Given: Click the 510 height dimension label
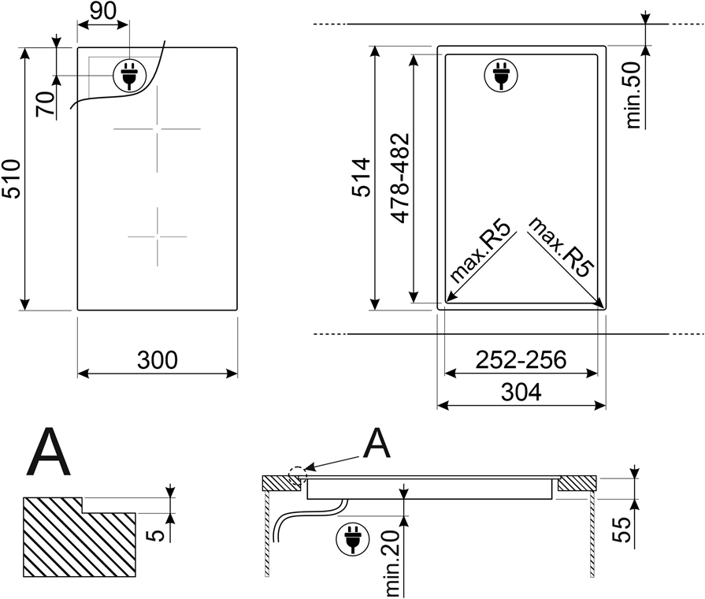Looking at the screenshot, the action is click(11, 179).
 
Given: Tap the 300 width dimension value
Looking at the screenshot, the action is click(158, 360).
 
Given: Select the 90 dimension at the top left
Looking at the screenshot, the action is click(103, 11).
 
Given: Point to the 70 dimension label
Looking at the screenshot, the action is click(46, 104).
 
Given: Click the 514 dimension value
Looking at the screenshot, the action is click(361, 177).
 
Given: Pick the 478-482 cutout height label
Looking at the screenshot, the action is click(400, 178).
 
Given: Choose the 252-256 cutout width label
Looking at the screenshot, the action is click(521, 360).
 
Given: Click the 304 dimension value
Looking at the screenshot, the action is click(521, 392).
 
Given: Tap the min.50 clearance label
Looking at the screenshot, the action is click(633, 95).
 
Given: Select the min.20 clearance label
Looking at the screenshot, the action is click(392, 564).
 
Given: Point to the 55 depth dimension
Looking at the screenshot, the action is click(622, 530).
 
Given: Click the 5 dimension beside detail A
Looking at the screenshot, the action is click(155, 535).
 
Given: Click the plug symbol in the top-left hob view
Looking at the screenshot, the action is click(129, 76).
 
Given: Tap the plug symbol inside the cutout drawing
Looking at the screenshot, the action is click(500, 75).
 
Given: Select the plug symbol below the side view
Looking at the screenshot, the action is click(353, 539).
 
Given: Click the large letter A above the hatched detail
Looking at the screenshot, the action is click(49, 452).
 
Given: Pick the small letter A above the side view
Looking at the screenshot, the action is click(377, 442).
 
